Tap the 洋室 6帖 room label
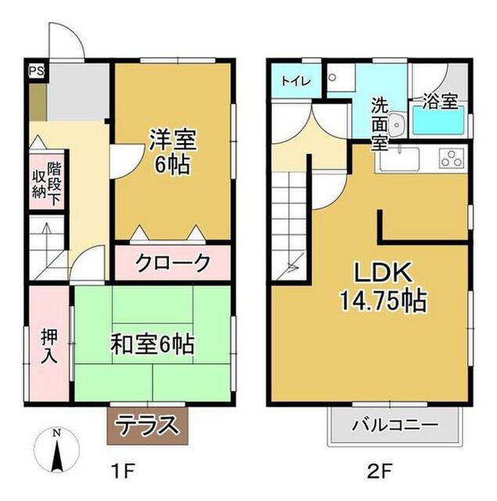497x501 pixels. tap(173, 154)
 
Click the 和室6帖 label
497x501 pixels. tap(153, 343)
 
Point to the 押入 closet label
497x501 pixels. tap(49, 344)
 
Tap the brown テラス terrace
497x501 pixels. tap(148, 427)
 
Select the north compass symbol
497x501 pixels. tap(56, 452)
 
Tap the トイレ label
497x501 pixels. tap(297, 81)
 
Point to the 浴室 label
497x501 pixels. tap(441, 102)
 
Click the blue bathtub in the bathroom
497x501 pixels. tap(438, 122)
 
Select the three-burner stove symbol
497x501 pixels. tap(451, 159)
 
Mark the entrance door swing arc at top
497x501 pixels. tap(67, 39)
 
